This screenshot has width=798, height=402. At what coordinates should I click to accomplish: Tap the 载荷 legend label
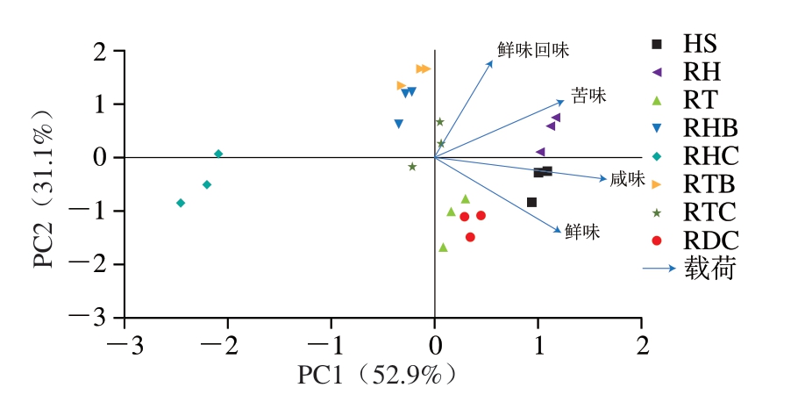(x=709, y=268)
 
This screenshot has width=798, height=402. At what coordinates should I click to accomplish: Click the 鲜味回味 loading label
(x=533, y=50)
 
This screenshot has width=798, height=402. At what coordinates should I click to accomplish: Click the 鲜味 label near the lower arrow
(x=582, y=232)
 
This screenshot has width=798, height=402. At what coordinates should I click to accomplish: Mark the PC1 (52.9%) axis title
(x=378, y=376)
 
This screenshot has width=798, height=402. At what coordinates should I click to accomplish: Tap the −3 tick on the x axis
(x=125, y=342)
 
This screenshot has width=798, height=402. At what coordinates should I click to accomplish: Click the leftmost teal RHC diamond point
(x=181, y=203)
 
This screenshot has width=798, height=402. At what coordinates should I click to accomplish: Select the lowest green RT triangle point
(x=443, y=248)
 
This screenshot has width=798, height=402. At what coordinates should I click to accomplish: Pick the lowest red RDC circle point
(x=470, y=237)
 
